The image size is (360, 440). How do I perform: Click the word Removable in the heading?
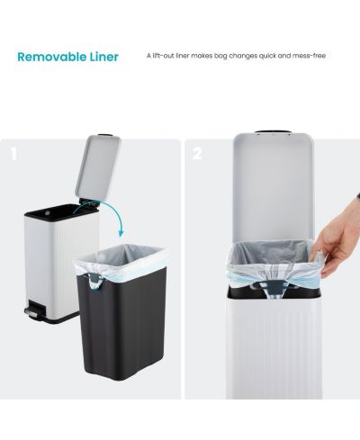click(52, 57)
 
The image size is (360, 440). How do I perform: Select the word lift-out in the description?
click(164, 56)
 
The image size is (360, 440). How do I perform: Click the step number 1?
click(13, 154)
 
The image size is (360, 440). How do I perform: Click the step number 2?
click(197, 154)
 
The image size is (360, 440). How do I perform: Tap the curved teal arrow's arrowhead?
click(121, 233)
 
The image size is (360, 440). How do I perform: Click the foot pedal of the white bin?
click(31, 312)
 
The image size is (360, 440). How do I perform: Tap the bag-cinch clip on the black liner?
click(94, 280)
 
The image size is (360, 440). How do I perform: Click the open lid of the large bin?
click(274, 189)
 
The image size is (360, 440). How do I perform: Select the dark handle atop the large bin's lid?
click(273, 131)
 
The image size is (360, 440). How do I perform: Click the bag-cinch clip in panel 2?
click(274, 288)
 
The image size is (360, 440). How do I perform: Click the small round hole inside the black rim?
click(46, 212)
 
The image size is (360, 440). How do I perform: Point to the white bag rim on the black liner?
click(120, 259)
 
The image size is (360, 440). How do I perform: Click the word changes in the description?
click(244, 56)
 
